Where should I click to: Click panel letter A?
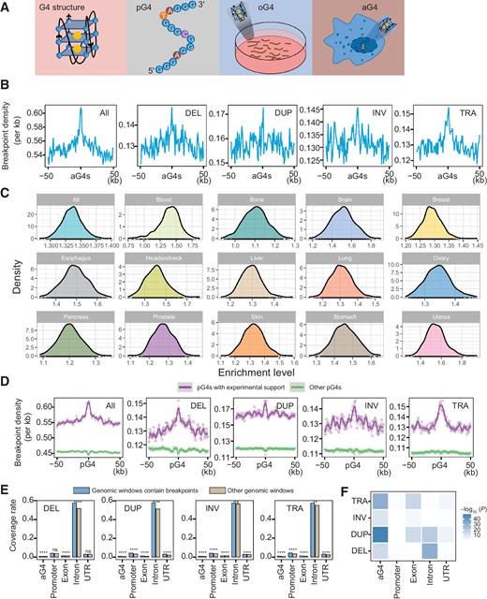pyautogui.click(x=7, y=7)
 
